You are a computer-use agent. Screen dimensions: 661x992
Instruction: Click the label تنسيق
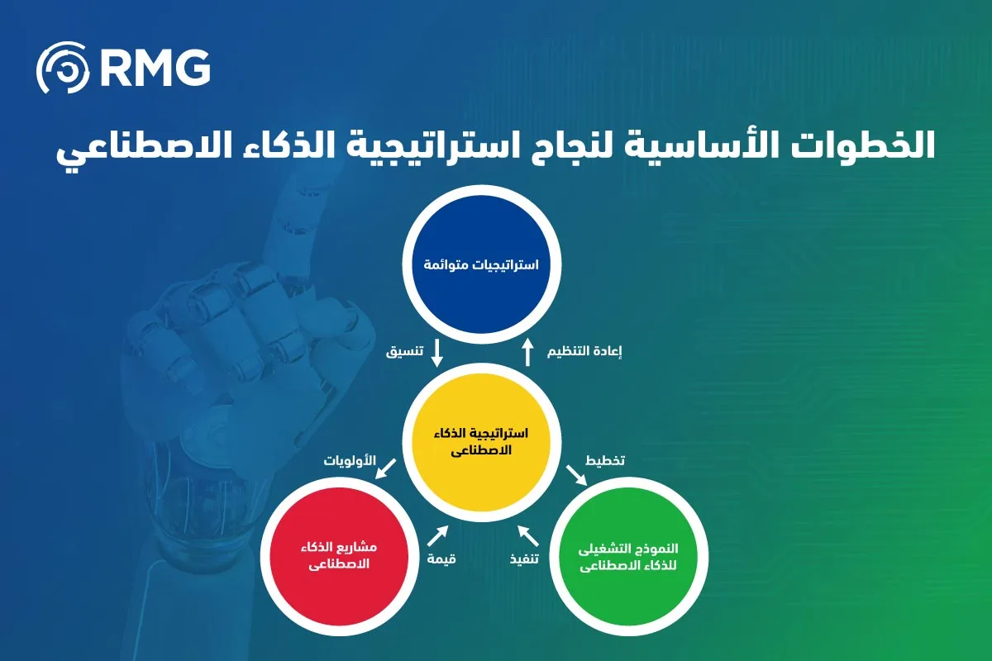coord(405,351)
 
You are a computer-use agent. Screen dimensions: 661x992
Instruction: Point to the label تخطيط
coord(605,459)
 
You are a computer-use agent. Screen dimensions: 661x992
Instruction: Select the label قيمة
coord(441,559)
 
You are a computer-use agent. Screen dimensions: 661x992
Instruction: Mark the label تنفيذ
coord(523,559)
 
